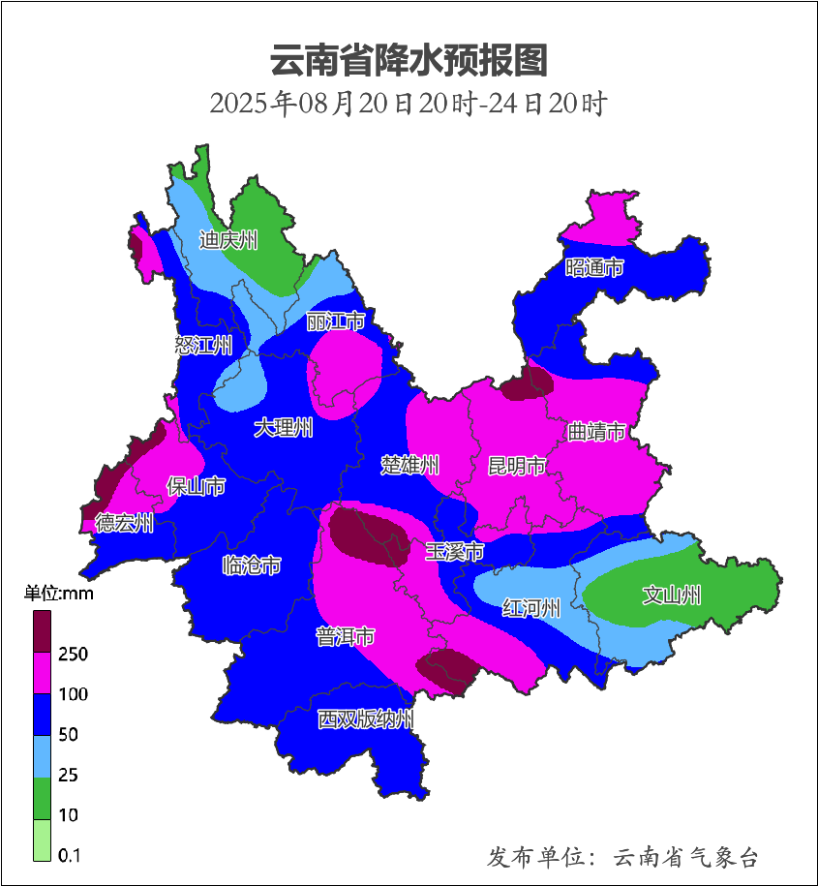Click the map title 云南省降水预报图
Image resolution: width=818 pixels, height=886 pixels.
(x=409, y=60)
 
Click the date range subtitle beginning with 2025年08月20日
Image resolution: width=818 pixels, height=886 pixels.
(x=409, y=104)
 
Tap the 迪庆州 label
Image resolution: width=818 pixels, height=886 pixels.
(x=228, y=240)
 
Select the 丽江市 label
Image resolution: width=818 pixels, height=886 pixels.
(x=335, y=321)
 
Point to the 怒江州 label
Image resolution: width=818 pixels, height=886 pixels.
(x=204, y=346)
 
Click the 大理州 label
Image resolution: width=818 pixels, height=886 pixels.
(x=284, y=428)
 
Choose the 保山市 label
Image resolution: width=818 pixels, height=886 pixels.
(x=197, y=485)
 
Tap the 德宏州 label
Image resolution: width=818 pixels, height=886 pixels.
(x=124, y=524)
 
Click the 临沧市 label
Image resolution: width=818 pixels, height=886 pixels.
(x=252, y=565)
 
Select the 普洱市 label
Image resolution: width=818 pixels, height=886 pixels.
(x=346, y=637)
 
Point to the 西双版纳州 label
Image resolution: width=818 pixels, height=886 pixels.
(x=366, y=719)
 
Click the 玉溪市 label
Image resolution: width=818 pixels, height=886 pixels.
(x=454, y=552)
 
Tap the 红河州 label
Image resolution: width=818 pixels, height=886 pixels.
(x=531, y=609)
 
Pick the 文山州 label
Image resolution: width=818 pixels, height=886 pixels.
(x=672, y=596)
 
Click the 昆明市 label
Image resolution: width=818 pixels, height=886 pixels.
(x=516, y=467)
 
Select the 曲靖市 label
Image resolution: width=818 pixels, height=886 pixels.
(x=596, y=432)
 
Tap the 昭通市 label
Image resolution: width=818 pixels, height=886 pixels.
(x=594, y=267)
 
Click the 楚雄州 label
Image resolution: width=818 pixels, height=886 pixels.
(x=409, y=466)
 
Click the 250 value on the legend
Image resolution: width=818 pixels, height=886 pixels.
(x=73, y=655)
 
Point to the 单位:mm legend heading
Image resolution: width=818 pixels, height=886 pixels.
(x=59, y=594)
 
